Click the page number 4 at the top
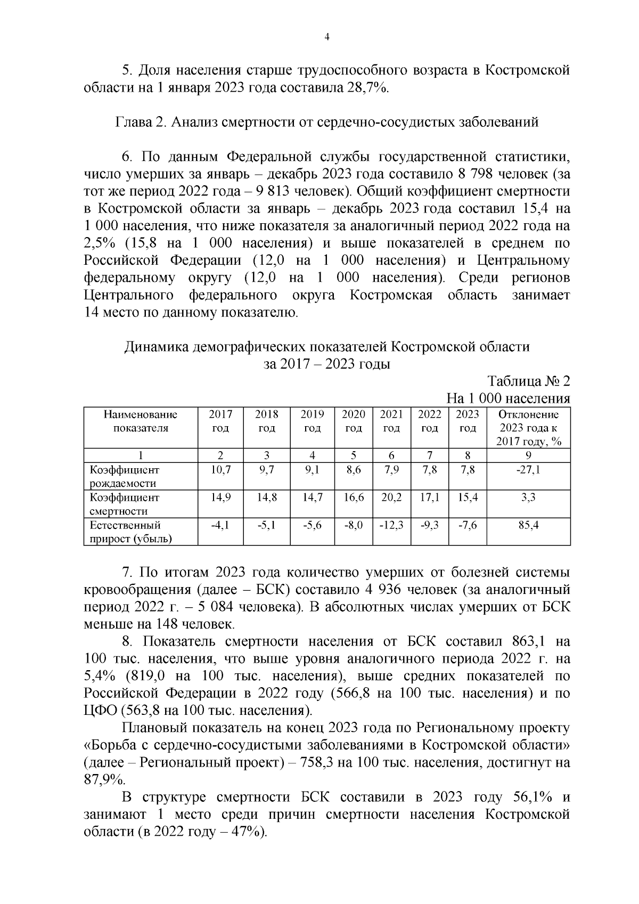tap(327, 37)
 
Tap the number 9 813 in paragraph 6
tap(315, 191)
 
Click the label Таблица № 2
tap(528, 381)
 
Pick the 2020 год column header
tap(354, 421)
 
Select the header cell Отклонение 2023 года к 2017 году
tap(528, 428)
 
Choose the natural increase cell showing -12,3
tap(391, 525)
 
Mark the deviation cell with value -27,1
tap(528, 470)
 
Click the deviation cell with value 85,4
tap(528, 525)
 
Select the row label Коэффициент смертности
tap(125, 504)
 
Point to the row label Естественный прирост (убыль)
tap(130, 532)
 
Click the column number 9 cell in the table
tap(528, 455)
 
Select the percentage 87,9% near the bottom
tap(104, 780)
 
